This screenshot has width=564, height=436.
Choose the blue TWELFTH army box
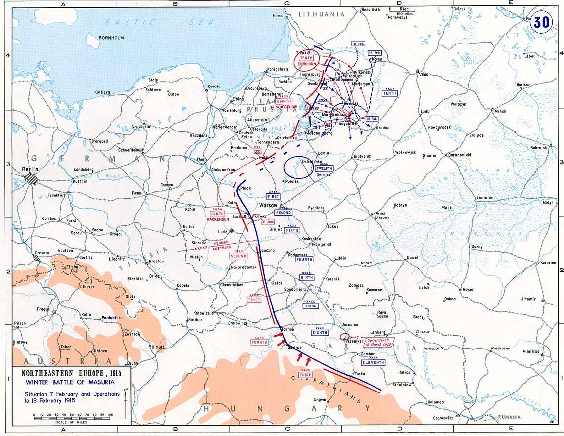325,169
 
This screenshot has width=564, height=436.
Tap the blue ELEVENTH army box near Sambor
373,362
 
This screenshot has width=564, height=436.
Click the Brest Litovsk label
382,216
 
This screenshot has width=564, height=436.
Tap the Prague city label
43,309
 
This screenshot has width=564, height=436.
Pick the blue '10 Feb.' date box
358,44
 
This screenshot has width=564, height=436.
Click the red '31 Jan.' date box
266,222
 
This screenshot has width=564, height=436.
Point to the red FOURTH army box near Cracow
259,342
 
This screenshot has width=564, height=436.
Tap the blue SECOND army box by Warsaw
284,213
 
